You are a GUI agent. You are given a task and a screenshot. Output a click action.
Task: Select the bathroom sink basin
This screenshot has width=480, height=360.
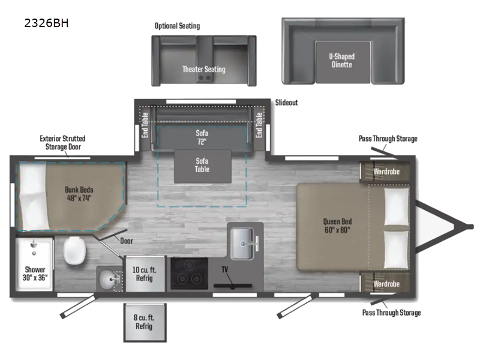(108, 278)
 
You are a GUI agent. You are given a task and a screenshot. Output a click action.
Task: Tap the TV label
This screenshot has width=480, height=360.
(225, 269)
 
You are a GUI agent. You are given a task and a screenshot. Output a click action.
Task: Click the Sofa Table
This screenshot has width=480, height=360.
(202, 165)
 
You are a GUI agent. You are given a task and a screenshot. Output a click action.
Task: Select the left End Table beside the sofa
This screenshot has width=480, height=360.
(145, 124)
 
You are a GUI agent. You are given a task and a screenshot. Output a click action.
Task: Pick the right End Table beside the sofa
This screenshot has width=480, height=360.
(259, 124)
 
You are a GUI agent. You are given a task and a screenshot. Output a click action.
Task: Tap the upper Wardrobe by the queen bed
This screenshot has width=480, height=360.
(386, 171)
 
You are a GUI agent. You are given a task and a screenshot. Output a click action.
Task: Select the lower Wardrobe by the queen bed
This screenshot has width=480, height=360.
(386, 283)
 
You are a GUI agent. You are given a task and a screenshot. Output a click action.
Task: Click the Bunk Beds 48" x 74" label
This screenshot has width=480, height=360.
(78, 194)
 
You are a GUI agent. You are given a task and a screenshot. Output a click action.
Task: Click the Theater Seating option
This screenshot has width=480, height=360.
(203, 69)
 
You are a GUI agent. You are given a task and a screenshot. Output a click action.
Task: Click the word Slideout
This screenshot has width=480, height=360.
(287, 103)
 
